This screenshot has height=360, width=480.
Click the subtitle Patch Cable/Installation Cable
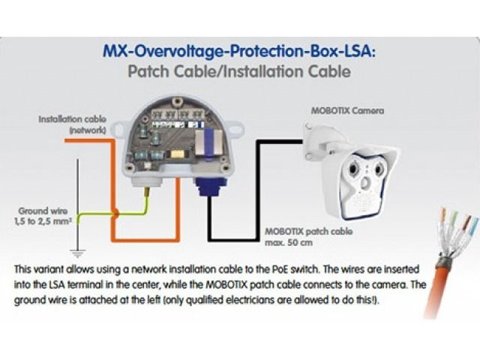click(239, 73)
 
